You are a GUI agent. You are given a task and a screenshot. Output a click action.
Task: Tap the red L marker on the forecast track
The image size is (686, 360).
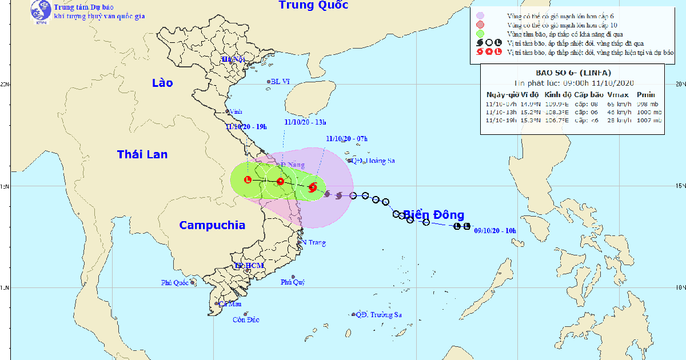tap(248, 180)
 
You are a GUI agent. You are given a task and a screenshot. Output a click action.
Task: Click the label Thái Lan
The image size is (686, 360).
tap(142, 154)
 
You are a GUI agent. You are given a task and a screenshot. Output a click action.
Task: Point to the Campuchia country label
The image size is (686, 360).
tap(212, 225)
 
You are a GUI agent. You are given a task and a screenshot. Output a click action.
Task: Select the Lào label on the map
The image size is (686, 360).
tap(162, 83)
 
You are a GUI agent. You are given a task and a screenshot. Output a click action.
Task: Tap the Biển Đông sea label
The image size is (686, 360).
tap(433, 215)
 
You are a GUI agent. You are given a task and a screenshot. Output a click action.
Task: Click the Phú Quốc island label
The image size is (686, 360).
tap(174, 282)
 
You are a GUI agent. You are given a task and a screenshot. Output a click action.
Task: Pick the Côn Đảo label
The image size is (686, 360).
tap(246, 320)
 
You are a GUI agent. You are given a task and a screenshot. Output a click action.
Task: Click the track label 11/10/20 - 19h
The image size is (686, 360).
tap(246, 126)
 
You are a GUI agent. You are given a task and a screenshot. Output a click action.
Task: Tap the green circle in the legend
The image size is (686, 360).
tap(480, 34)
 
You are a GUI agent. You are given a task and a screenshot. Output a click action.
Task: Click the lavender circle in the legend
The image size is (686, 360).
tap(480, 15)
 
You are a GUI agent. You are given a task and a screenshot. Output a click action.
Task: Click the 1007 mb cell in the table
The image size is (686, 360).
tap(648, 120)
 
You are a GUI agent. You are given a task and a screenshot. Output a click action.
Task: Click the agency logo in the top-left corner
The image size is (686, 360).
tap(40, 11)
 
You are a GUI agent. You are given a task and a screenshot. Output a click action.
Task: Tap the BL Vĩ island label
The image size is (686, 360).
tap(281, 82)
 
